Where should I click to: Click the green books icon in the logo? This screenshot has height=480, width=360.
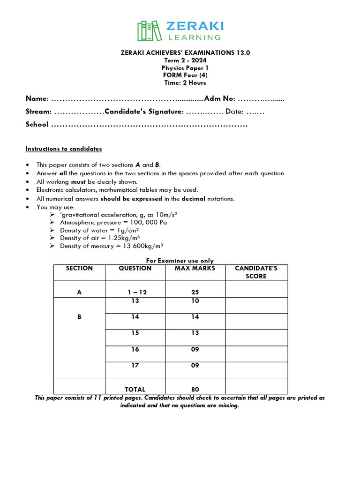[x=147, y=31]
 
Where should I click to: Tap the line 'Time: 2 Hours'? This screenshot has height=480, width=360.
[x=185, y=82]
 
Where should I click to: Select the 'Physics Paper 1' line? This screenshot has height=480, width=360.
[x=185, y=67]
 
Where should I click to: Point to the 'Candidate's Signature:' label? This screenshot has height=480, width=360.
[x=144, y=112]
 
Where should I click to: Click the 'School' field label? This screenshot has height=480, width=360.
[x=37, y=125]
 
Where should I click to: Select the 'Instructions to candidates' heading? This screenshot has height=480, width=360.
[x=63, y=149]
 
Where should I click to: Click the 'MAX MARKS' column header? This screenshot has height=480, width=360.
[x=195, y=269]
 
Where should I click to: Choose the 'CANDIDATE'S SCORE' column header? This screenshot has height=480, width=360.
[x=256, y=272]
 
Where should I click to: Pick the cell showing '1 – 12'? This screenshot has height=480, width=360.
[x=137, y=292]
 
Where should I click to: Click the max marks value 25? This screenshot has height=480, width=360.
[x=195, y=292]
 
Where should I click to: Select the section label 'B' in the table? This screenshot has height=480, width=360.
[x=79, y=317]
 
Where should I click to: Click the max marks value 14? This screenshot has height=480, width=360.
[x=195, y=317]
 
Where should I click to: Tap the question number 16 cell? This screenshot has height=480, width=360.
[x=135, y=349]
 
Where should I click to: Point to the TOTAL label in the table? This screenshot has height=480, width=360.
[x=135, y=389]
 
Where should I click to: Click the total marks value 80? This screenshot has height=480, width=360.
[x=195, y=389]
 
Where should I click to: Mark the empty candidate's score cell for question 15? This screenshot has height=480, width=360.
[x=256, y=337]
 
